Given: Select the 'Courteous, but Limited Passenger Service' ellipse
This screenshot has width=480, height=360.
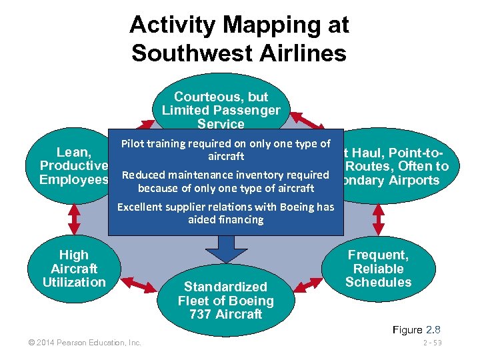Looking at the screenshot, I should (x=221, y=100).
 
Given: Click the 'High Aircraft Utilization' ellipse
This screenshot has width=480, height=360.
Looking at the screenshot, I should (x=73, y=269).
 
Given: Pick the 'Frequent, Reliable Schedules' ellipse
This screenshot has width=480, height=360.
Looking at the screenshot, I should (x=378, y=269).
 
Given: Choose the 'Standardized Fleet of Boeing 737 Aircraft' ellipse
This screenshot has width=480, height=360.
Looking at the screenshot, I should (x=225, y=301).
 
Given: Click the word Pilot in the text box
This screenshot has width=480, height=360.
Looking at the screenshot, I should (x=133, y=144).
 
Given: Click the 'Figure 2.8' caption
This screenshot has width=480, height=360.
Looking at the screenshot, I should (x=417, y=329).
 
